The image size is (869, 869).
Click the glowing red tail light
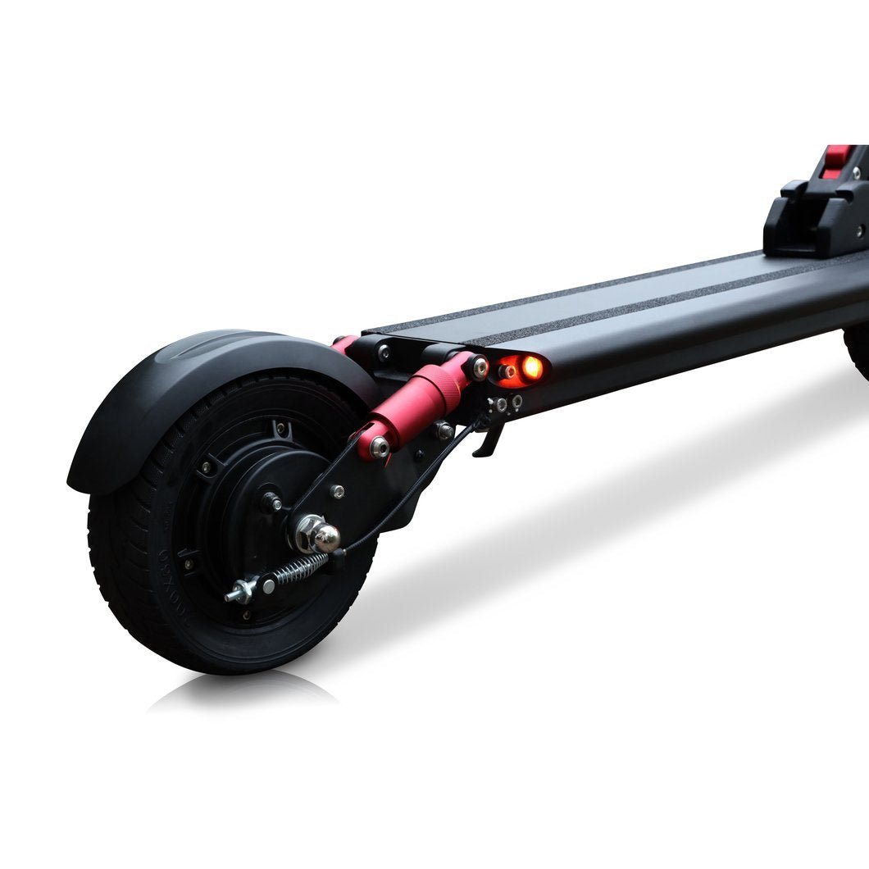click(x=530, y=366)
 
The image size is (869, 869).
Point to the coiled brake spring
click(x=298, y=568)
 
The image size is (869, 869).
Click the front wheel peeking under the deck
click(x=858, y=353)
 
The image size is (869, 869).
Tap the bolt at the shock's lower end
click(x=379, y=446)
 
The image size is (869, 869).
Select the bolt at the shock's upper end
click(x=479, y=366)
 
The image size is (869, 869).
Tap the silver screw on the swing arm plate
click(x=337, y=492)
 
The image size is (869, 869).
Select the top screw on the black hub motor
click(x=281, y=427)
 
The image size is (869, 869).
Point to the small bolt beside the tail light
click(x=506, y=371)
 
